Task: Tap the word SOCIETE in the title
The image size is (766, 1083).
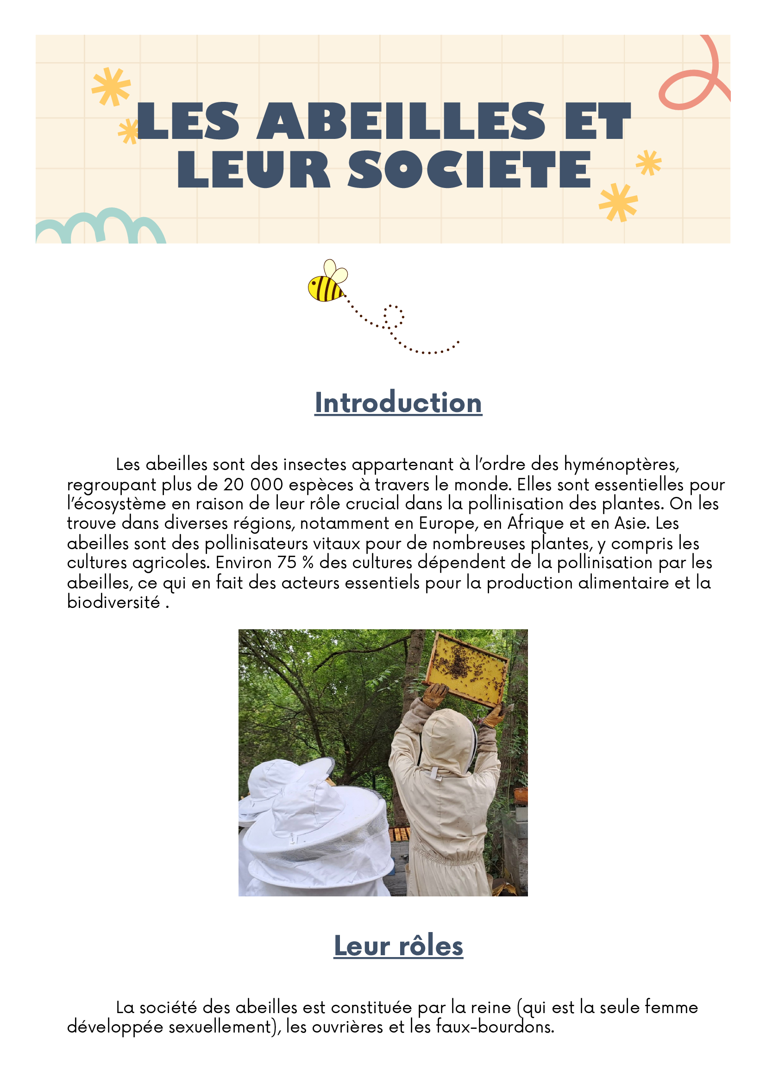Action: (x=469, y=169)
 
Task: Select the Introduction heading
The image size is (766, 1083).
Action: (x=398, y=403)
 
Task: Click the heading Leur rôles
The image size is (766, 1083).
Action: (x=398, y=946)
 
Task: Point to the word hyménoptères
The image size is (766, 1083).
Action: (x=621, y=464)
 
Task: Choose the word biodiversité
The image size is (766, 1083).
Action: (x=113, y=602)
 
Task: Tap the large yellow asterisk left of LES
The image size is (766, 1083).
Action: (x=111, y=87)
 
